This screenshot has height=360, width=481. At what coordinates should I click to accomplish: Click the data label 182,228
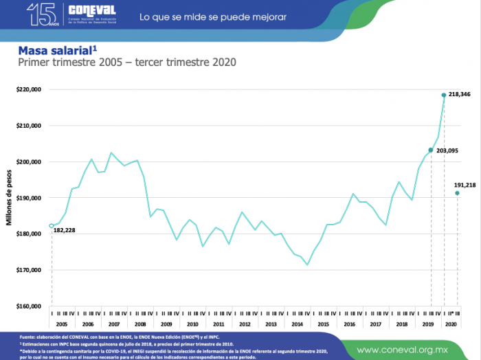(65, 230)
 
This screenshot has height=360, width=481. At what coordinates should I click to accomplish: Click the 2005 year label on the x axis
(62, 323)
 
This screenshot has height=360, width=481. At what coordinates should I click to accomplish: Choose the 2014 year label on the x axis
(297, 323)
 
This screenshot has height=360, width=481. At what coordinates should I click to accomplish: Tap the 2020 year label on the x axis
(451, 323)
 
